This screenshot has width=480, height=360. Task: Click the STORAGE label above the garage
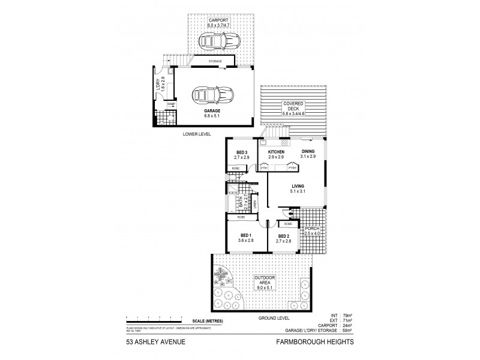point(215,61)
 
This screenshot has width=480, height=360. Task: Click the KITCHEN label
point(276,152)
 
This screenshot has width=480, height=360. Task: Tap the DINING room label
point(308,152)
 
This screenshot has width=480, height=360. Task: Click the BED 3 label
point(242,152)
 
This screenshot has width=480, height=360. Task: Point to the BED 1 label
point(246,235)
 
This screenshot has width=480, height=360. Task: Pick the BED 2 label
point(284,235)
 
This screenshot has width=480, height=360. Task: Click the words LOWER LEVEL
point(198,134)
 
